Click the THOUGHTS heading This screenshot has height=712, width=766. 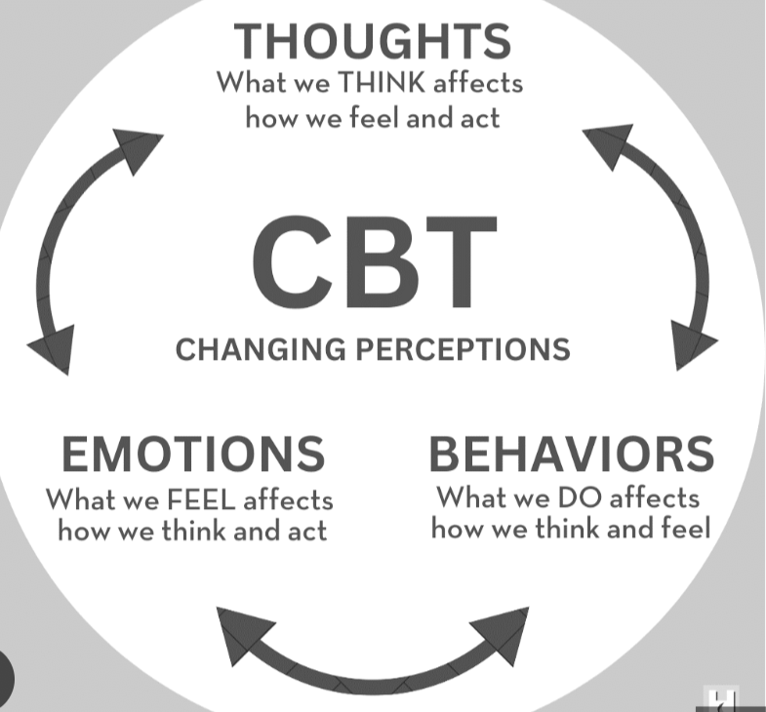pyautogui.click(x=373, y=42)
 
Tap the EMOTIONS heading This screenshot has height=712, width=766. pyautogui.click(x=193, y=455)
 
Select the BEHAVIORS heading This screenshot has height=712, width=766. pyautogui.click(x=571, y=454)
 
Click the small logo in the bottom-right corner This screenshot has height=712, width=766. pyautogui.click(x=721, y=698)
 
